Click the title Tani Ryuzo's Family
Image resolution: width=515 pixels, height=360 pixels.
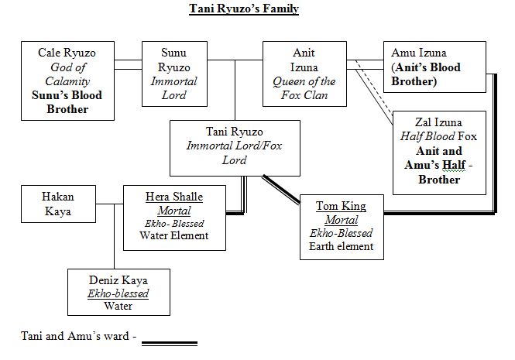point(244,9)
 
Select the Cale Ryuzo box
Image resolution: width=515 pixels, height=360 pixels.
point(68,81)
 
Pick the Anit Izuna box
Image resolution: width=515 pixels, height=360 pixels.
point(304,74)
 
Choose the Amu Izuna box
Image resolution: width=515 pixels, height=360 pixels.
point(434,67)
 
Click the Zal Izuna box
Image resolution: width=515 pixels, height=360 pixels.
point(439,152)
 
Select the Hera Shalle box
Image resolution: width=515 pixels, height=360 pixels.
point(174,217)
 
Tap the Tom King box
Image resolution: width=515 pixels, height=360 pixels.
point(342,227)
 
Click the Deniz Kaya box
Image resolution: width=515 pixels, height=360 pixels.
point(118,293)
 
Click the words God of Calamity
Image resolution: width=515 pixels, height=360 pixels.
point(68,74)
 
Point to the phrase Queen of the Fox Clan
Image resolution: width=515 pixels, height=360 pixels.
point(304,88)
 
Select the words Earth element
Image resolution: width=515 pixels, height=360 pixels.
point(342,247)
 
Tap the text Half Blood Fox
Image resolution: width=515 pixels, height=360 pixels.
point(439,137)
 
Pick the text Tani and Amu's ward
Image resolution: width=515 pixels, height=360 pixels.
point(77,337)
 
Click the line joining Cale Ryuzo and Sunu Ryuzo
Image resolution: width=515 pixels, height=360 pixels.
point(128,60)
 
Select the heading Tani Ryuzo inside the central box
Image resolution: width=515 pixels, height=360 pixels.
point(235,132)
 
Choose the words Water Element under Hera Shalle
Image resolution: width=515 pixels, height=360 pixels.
point(174,235)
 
